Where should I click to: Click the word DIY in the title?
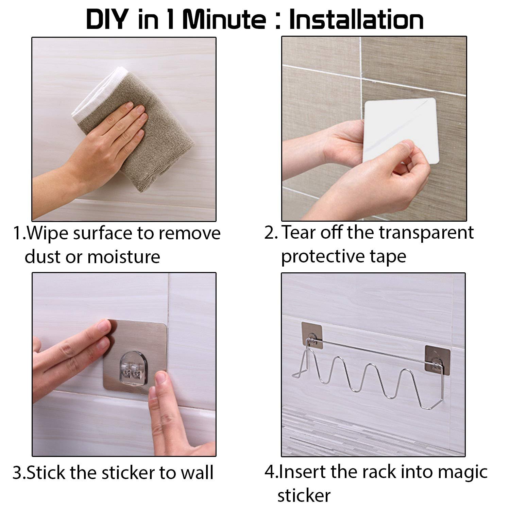107,20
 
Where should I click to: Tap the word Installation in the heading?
356,20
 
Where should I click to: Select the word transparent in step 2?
426,233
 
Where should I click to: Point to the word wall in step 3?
197,473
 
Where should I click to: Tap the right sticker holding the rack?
438,359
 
